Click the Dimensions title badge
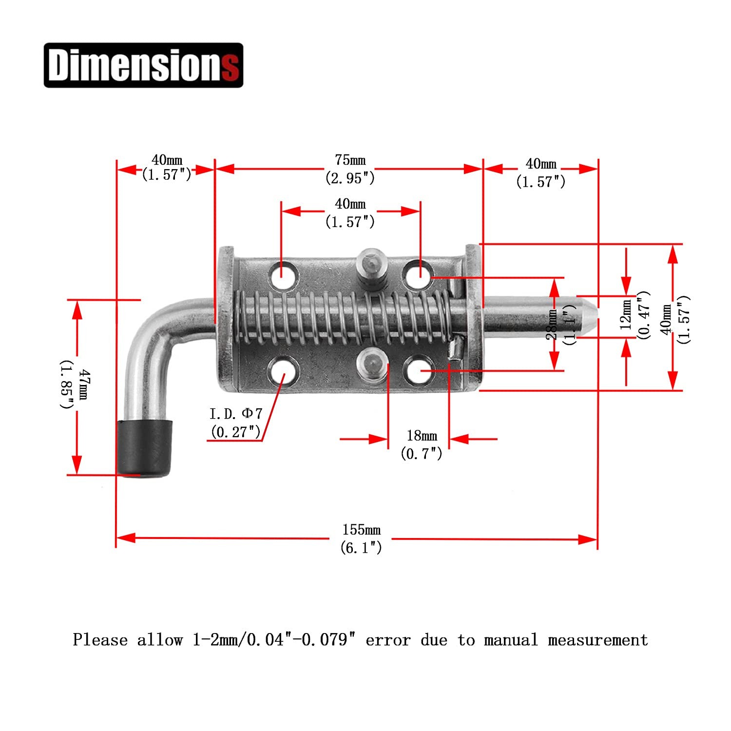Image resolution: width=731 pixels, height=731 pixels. (x=143, y=65)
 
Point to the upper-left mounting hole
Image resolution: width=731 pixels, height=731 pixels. (x=283, y=276)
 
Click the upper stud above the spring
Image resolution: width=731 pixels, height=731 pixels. (x=371, y=270)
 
